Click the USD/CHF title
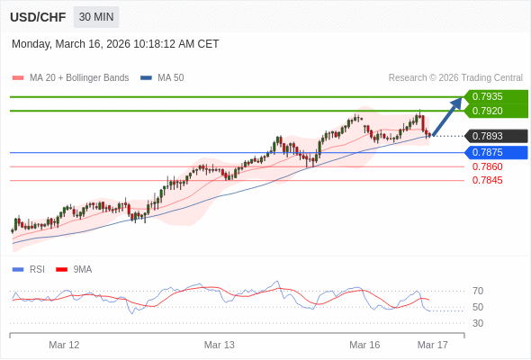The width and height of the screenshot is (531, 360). pyautogui.click(x=37, y=17)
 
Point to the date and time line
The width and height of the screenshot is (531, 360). pyautogui.click(x=115, y=44)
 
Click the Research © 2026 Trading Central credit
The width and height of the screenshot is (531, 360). pyautogui.click(x=455, y=77)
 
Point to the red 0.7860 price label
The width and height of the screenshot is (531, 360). pyautogui.click(x=487, y=166)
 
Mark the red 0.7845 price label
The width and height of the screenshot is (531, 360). pyautogui.click(x=487, y=180)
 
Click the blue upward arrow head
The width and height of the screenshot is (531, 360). pyautogui.click(x=456, y=102)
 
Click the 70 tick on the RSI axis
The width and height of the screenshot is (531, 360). pyautogui.click(x=478, y=291)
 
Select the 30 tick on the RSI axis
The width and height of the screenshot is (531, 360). pyautogui.click(x=478, y=323)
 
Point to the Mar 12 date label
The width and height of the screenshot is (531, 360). pyautogui.click(x=64, y=345)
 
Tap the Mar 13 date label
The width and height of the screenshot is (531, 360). pyautogui.click(x=220, y=345)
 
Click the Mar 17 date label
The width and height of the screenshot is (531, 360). pyautogui.click(x=432, y=345)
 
